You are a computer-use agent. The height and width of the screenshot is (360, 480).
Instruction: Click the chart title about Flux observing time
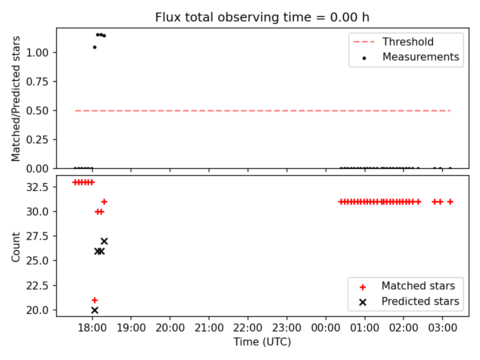(262, 17)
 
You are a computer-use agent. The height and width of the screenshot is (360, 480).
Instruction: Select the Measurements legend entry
(410, 57)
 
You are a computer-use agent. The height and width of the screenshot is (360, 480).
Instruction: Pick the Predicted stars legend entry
(409, 301)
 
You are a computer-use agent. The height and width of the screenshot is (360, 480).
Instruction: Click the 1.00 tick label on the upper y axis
(37, 52)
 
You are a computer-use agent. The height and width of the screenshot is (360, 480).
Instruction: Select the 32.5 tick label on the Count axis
(37, 186)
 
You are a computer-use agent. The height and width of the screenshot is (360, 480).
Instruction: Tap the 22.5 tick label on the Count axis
(37, 285)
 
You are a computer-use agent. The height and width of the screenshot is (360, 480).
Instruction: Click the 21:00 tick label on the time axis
(209, 328)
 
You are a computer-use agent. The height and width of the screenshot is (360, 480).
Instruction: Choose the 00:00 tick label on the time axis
(325, 328)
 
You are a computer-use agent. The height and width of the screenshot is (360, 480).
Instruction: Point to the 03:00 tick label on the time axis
(442, 328)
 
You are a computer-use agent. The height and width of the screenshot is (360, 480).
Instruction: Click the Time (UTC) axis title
(262, 341)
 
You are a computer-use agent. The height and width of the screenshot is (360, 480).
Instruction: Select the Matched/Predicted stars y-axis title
(15, 98)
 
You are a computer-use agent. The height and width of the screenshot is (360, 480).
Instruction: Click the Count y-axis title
(15, 246)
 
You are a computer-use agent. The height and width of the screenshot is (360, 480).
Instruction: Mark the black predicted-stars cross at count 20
(94, 310)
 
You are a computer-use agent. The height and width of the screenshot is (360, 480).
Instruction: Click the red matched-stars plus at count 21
(94, 300)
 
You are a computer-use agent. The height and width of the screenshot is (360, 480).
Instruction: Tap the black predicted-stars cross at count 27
(104, 241)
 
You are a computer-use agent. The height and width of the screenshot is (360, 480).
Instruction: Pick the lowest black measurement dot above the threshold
(94, 47)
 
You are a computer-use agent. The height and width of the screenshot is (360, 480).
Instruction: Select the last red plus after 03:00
(450, 201)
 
